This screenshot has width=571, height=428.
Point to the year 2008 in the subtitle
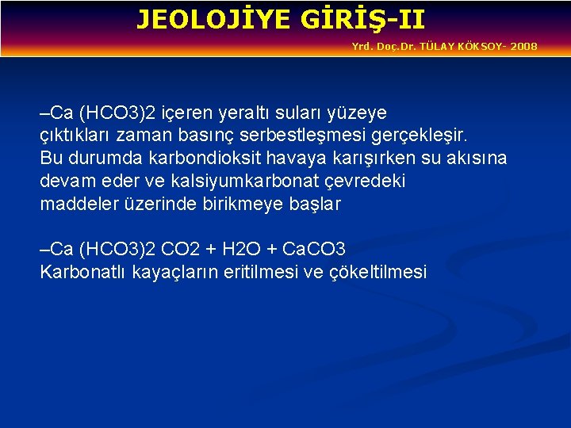coord(523,47)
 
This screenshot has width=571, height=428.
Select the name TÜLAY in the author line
coord(437,47)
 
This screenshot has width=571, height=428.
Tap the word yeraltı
coord(222,113)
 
